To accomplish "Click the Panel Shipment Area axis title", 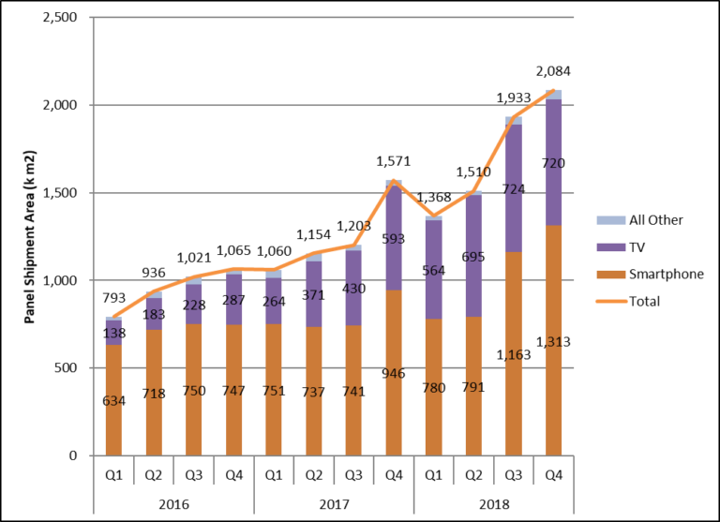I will (x=30, y=237).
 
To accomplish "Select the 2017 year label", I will (x=334, y=503).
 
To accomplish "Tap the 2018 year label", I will (x=494, y=503).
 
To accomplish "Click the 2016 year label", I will (x=173, y=503).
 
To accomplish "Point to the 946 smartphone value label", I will (x=394, y=373).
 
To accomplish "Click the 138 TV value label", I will (x=113, y=335).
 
